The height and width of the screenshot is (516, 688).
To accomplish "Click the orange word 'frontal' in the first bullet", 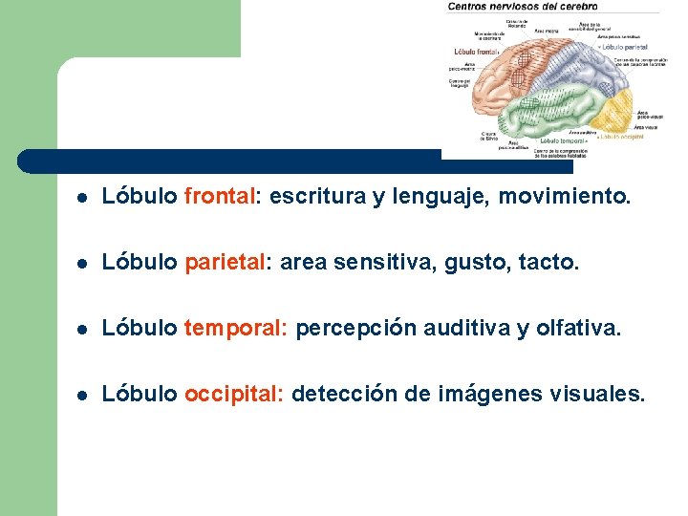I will [219, 197].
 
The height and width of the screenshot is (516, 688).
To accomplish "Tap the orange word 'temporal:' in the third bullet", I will [235, 329].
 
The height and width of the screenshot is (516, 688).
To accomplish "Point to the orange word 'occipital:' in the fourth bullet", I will [233, 394].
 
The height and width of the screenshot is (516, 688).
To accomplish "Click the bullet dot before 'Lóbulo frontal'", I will [83, 199].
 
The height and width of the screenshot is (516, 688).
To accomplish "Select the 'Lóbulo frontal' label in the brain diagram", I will [477, 51].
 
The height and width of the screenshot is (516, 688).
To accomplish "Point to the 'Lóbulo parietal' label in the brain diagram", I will [626, 45].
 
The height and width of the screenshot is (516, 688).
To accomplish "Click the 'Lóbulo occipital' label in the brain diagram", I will [620, 137].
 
